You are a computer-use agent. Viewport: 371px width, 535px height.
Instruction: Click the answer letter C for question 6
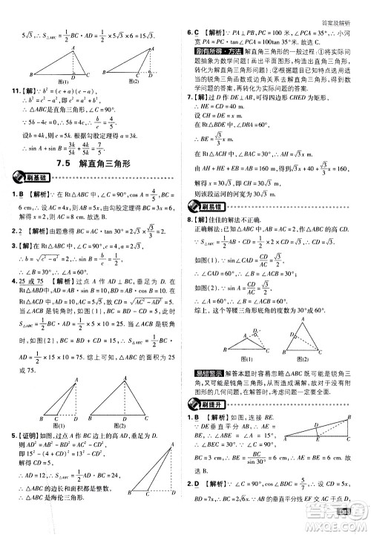click(x=199, y=32)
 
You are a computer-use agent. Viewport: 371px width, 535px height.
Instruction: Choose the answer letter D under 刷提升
click(x=199, y=505)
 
